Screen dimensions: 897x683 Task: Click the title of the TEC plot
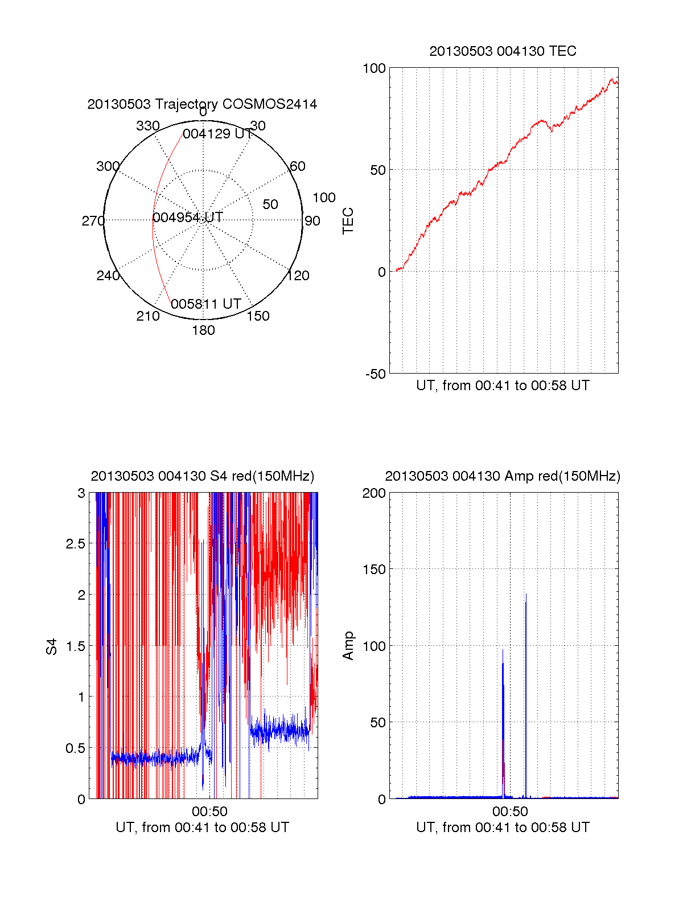click(x=503, y=51)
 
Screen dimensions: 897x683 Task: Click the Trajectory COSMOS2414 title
click(x=202, y=104)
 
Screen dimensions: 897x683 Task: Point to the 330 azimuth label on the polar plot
click(x=148, y=126)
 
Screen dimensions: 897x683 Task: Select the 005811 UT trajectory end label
click(x=206, y=304)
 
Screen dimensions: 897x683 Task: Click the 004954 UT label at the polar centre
click(x=187, y=218)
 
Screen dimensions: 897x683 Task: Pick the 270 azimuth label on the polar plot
click(x=93, y=221)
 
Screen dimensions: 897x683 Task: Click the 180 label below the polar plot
click(x=203, y=330)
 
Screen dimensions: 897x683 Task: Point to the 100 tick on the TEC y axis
click(x=374, y=69)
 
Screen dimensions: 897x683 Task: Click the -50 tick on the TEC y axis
click(x=375, y=374)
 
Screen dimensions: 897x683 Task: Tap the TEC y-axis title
click(x=348, y=221)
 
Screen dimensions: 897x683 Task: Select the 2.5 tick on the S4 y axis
click(x=75, y=544)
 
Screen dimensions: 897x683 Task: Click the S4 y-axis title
click(x=52, y=647)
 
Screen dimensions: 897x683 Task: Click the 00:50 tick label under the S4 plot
click(x=209, y=812)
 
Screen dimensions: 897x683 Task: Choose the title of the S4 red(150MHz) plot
click(x=202, y=476)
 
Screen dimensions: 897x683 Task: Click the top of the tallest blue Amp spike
click(x=526, y=595)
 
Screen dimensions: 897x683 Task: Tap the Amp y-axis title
click(x=348, y=646)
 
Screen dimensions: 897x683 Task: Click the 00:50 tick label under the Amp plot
click(x=510, y=812)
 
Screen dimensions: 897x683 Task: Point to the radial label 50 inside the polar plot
click(x=270, y=204)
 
